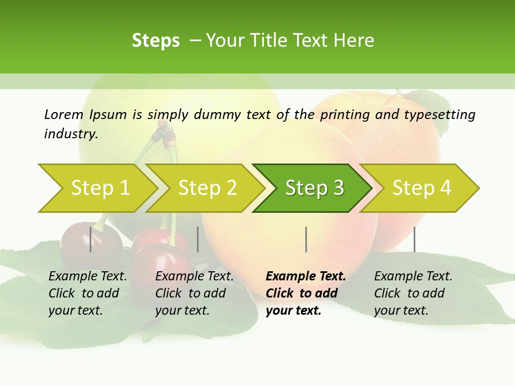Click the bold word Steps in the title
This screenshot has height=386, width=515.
(x=156, y=41)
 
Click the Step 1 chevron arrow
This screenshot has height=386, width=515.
(x=97, y=188)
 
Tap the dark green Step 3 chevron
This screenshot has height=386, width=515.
(x=314, y=188)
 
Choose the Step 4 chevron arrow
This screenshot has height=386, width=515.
(x=421, y=188)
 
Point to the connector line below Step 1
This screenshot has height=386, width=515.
(x=91, y=239)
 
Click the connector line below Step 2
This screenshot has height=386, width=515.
(x=198, y=239)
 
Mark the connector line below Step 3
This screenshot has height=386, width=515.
(x=306, y=239)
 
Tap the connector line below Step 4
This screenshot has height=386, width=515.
(x=414, y=239)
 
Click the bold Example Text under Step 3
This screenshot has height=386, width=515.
(x=306, y=277)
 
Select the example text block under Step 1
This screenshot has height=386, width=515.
(x=87, y=293)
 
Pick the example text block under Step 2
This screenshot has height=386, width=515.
(x=194, y=293)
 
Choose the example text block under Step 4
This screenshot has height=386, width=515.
(x=413, y=293)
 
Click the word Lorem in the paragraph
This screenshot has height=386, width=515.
(x=64, y=114)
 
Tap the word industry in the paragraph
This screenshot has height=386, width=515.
(x=70, y=134)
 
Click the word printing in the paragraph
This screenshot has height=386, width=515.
(x=344, y=115)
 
